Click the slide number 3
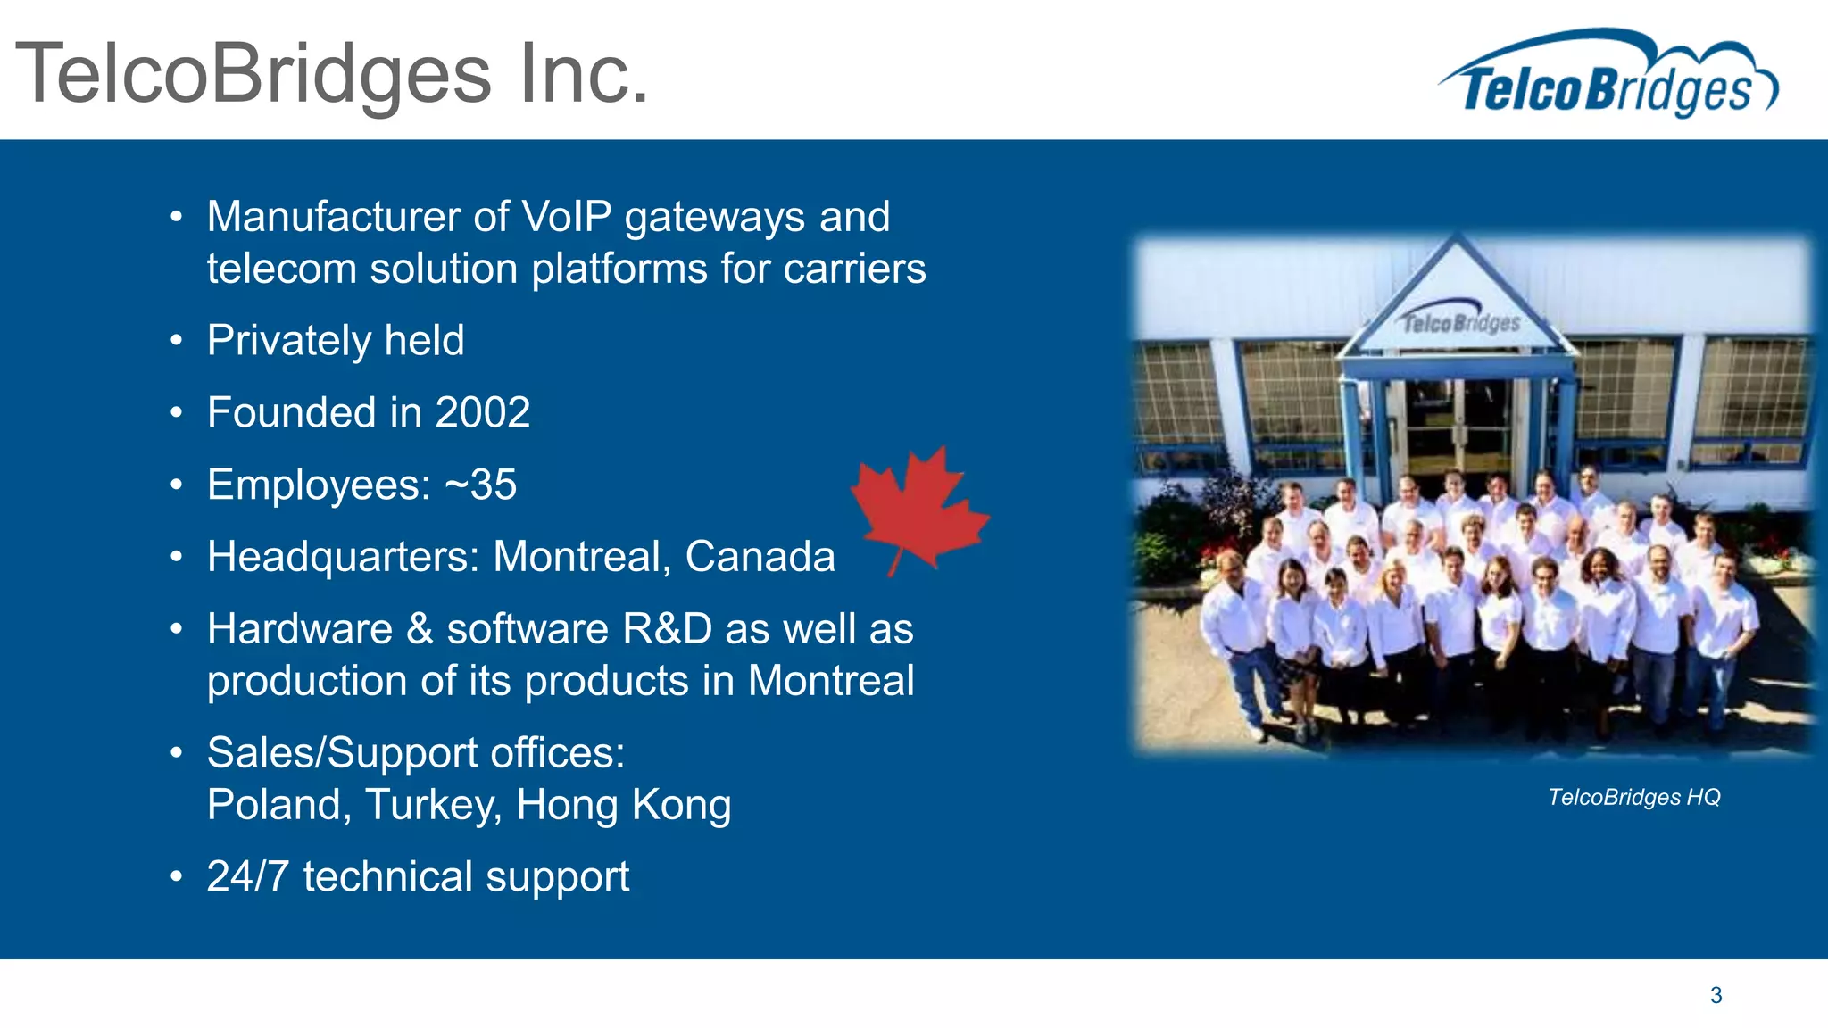coord(1716,995)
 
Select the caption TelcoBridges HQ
coord(1633,797)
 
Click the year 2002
coord(482,412)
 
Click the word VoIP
coord(566,217)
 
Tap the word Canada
coord(760,557)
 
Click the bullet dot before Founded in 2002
coord(177,413)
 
